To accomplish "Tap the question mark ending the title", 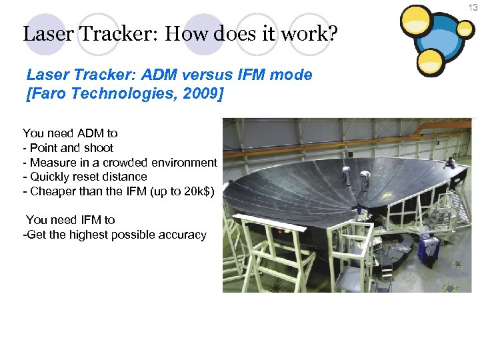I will click(331, 33).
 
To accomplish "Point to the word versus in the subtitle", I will click(203, 75).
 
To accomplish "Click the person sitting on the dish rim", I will click(451, 162).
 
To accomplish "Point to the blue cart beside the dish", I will click(427, 249).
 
